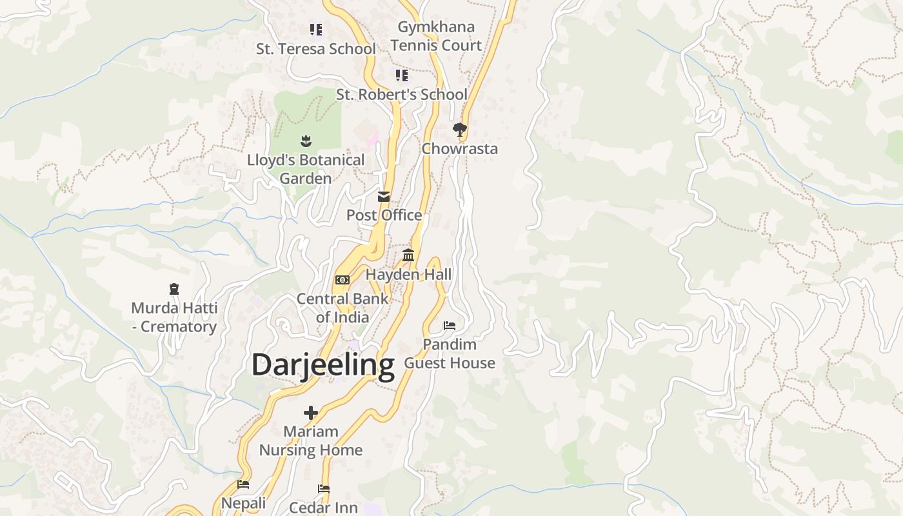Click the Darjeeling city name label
(322, 365)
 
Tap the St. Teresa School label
(315, 49)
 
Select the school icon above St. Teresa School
(315, 29)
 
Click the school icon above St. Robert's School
(402, 75)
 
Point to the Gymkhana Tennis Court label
(436, 36)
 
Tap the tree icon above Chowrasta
(460, 130)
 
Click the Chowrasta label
(460, 149)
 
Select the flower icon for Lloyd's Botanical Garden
(306, 141)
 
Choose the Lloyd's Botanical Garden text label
(306, 169)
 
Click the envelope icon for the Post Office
(384, 196)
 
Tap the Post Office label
(384, 215)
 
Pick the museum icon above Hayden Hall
(408, 255)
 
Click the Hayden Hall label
(408, 275)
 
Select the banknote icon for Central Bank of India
(342, 280)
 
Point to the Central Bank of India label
(342, 308)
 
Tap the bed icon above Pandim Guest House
(450, 325)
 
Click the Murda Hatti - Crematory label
(174, 317)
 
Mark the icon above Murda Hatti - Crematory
(174, 289)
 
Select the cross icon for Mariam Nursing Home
(311, 412)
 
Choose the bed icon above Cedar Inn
(324, 489)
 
